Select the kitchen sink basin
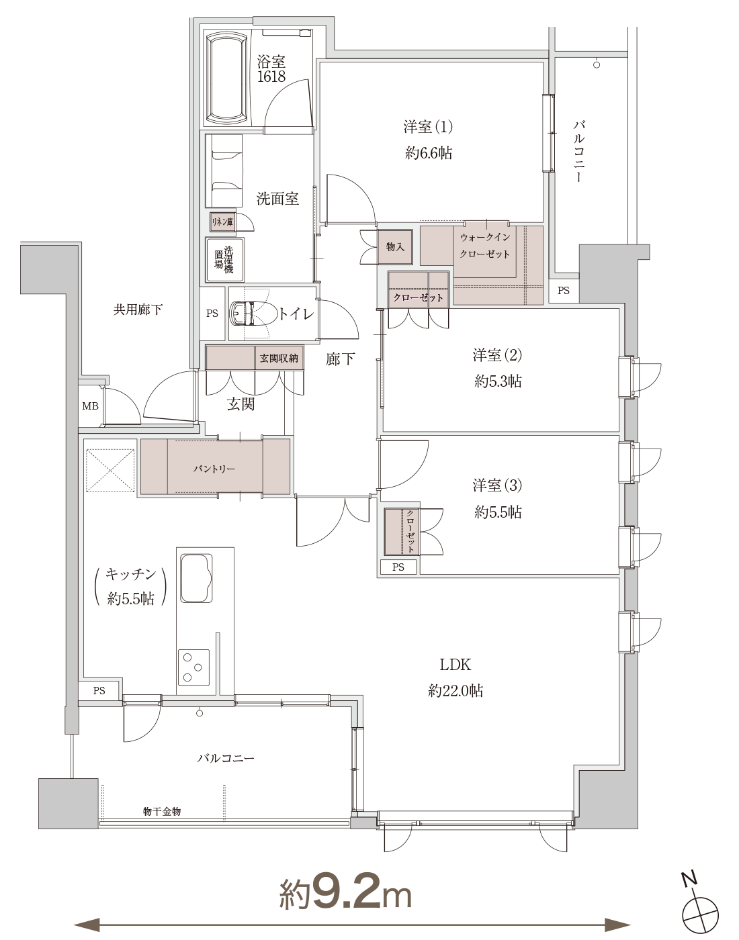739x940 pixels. [196, 577]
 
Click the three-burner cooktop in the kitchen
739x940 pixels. [193, 667]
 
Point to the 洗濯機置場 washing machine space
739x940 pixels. [224, 260]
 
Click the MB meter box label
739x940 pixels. [91, 406]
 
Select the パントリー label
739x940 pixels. [214, 469]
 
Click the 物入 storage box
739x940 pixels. [395, 247]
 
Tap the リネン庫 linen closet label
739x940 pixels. [222, 222]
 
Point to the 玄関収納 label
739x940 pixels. [279, 358]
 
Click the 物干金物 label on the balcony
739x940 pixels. [162, 812]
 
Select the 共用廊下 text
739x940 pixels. [138, 310]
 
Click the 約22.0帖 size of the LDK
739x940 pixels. [455, 691]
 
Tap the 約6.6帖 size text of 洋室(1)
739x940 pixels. [429, 152]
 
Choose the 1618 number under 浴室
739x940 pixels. [271, 77]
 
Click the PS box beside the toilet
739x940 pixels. [212, 314]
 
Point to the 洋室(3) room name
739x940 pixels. [498, 485]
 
